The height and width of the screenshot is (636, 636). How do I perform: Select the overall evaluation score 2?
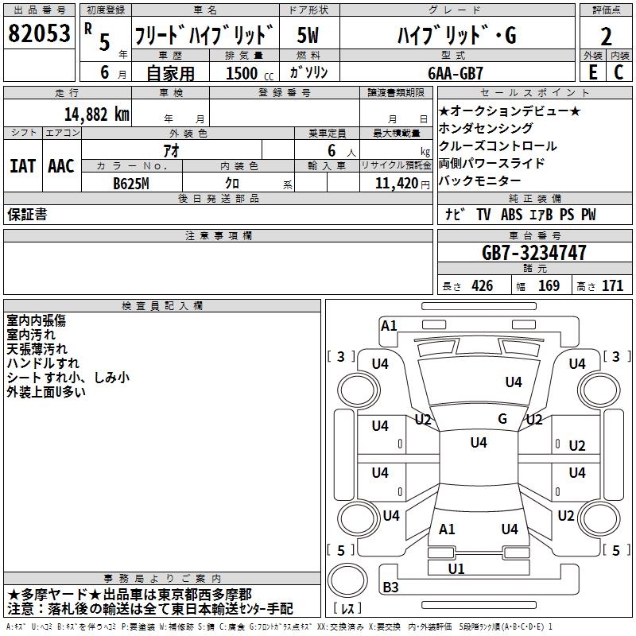click(606, 37)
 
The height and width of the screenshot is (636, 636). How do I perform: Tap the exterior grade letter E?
click(592, 72)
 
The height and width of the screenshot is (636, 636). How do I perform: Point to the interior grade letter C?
click(619, 72)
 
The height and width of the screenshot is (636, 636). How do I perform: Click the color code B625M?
click(131, 183)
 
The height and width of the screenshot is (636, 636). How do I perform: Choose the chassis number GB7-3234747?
click(534, 253)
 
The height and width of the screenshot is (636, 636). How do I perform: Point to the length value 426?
click(482, 286)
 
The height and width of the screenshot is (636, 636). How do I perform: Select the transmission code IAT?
click(23, 166)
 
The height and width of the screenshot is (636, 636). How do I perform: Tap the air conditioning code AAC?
click(61, 166)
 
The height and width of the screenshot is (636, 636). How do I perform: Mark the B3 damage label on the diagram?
click(390, 588)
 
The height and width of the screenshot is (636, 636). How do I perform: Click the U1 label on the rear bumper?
click(456, 568)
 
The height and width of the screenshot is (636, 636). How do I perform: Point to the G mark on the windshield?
click(502, 419)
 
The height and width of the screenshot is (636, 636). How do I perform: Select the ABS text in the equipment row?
click(512, 215)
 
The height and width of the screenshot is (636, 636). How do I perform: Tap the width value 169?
click(549, 286)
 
